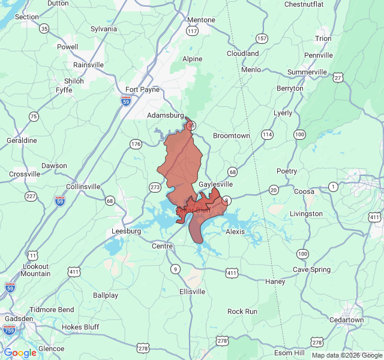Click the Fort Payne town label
(142, 89)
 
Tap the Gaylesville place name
(215, 184)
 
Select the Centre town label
(162, 246)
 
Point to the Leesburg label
(126, 231)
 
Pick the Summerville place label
(307, 72)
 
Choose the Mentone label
(201, 20)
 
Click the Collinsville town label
(83, 187)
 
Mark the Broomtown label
(232, 136)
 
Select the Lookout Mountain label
(36, 269)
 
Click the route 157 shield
(262, 38)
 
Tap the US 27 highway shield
(338, 77)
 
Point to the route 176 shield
(136, 144)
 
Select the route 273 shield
(155, 187)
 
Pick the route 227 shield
(31, 196)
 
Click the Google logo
(20, 353)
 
